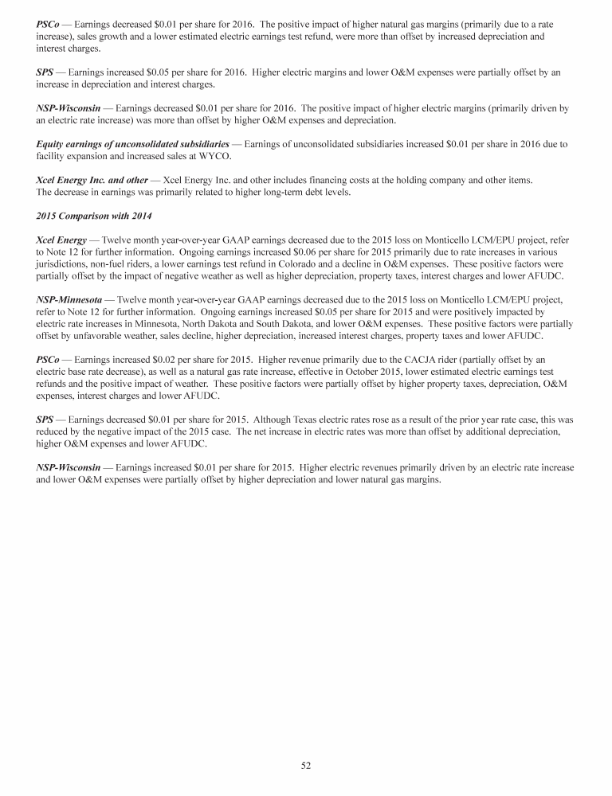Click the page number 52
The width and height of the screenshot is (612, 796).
(x=305, y=765)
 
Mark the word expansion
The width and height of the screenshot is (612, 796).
(x=93, y=155)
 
